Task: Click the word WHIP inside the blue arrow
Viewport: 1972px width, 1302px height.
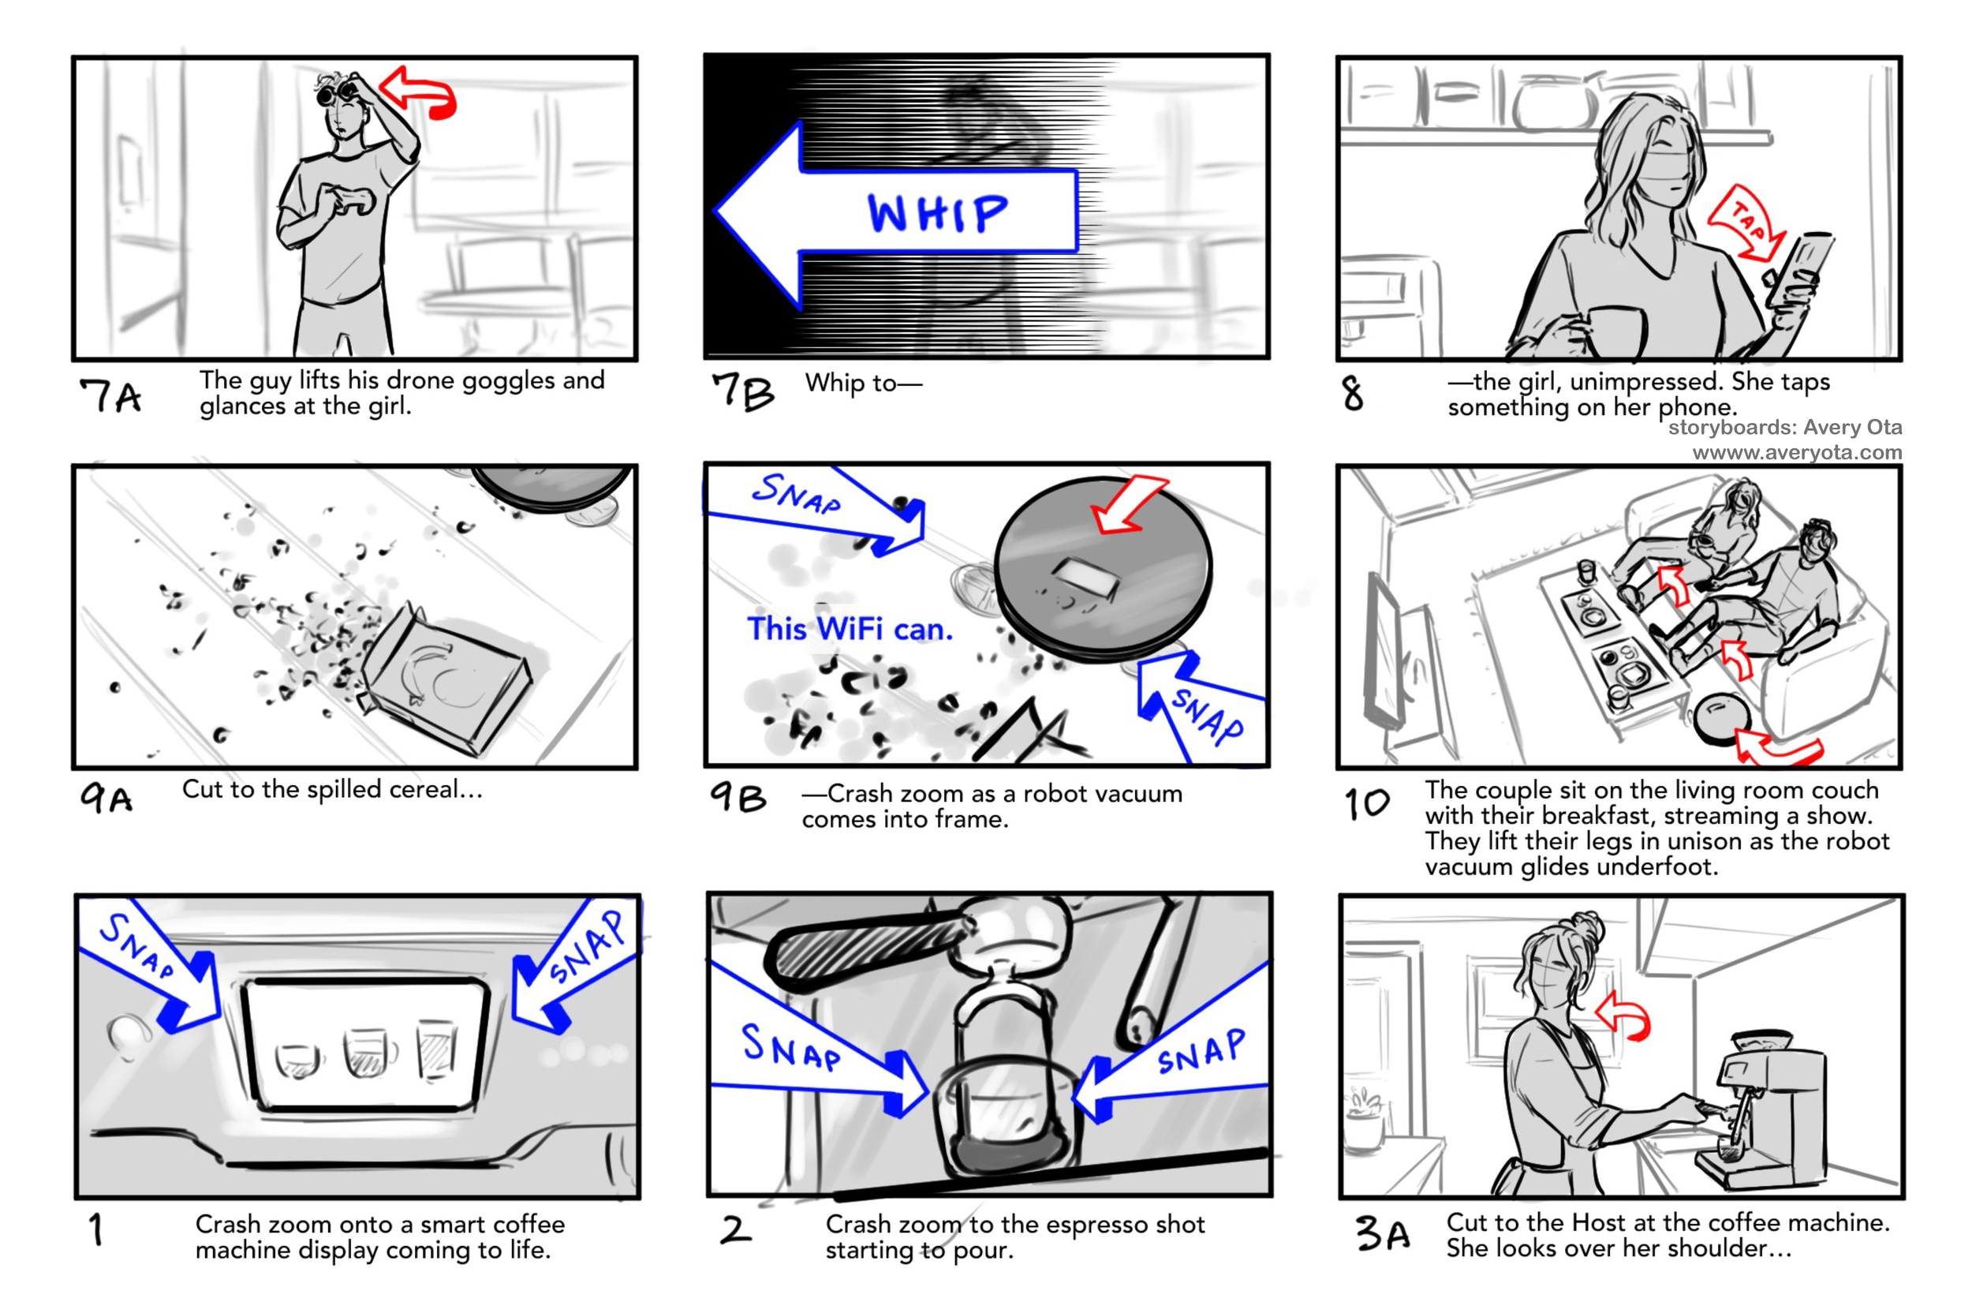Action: (937, 213)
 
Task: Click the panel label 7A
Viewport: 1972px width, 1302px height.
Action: (110, 395)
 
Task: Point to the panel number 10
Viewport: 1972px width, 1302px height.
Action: (1367, 803)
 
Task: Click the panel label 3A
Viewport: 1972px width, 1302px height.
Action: (1383, 1233)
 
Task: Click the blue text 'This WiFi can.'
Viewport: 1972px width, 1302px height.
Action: (849, 629)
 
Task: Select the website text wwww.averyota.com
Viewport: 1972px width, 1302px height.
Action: (1797, 453)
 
